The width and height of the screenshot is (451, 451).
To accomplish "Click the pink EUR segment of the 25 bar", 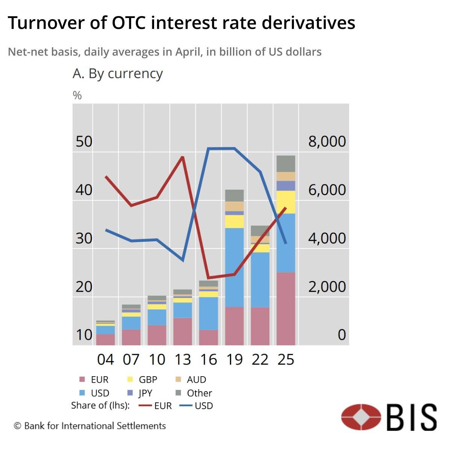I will [286, 308].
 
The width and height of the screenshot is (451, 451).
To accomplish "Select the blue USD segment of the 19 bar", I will [235, 267].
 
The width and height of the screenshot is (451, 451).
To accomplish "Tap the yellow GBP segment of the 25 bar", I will [286, 202].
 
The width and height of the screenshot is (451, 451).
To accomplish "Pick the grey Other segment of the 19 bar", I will [235, 195].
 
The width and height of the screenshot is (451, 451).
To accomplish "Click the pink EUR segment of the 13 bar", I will [183, 331].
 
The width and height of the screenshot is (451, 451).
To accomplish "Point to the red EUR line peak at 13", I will [183, 157].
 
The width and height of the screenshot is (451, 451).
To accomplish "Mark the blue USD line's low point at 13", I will [183, 260].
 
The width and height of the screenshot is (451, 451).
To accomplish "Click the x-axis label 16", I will [209, 360].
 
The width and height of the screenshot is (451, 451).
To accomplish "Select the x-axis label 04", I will [105, 360].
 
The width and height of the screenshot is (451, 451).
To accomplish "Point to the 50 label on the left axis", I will [84, 141].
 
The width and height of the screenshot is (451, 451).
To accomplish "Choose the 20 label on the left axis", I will [84, 286].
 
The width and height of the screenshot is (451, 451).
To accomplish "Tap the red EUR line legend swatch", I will [145, 406].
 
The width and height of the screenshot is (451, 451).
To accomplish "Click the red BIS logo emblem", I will [361, 417].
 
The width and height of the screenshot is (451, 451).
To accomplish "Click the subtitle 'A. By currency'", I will [117, 73].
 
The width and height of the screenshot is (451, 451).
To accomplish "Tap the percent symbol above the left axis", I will [77, 95].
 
